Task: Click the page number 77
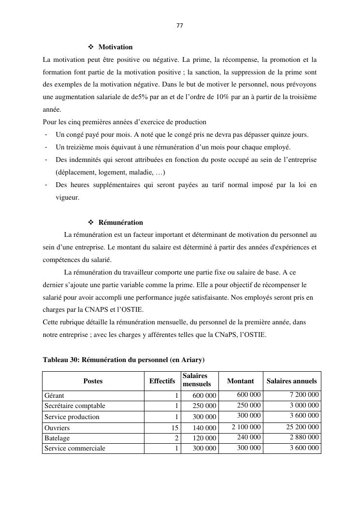click(180, 26)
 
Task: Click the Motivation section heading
click(115, 47)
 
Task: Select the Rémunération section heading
click(121, 222)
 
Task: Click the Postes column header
click(93, 381)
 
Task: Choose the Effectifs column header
click(162, 381)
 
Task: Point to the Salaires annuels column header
click(291, 381)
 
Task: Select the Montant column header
click(240, 381)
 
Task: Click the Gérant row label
click(54, 395)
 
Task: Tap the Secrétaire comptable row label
click(75, 406)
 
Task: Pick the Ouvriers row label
click(57, 428)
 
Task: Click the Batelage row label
click(57, 438)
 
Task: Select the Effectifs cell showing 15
click(175, 428)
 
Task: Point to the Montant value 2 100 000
click(246, 427)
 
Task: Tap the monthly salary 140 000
click(204, 428)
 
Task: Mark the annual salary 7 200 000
click(304, 394)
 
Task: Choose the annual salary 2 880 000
click(304, 437)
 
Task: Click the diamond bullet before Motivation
click(91, 47)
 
